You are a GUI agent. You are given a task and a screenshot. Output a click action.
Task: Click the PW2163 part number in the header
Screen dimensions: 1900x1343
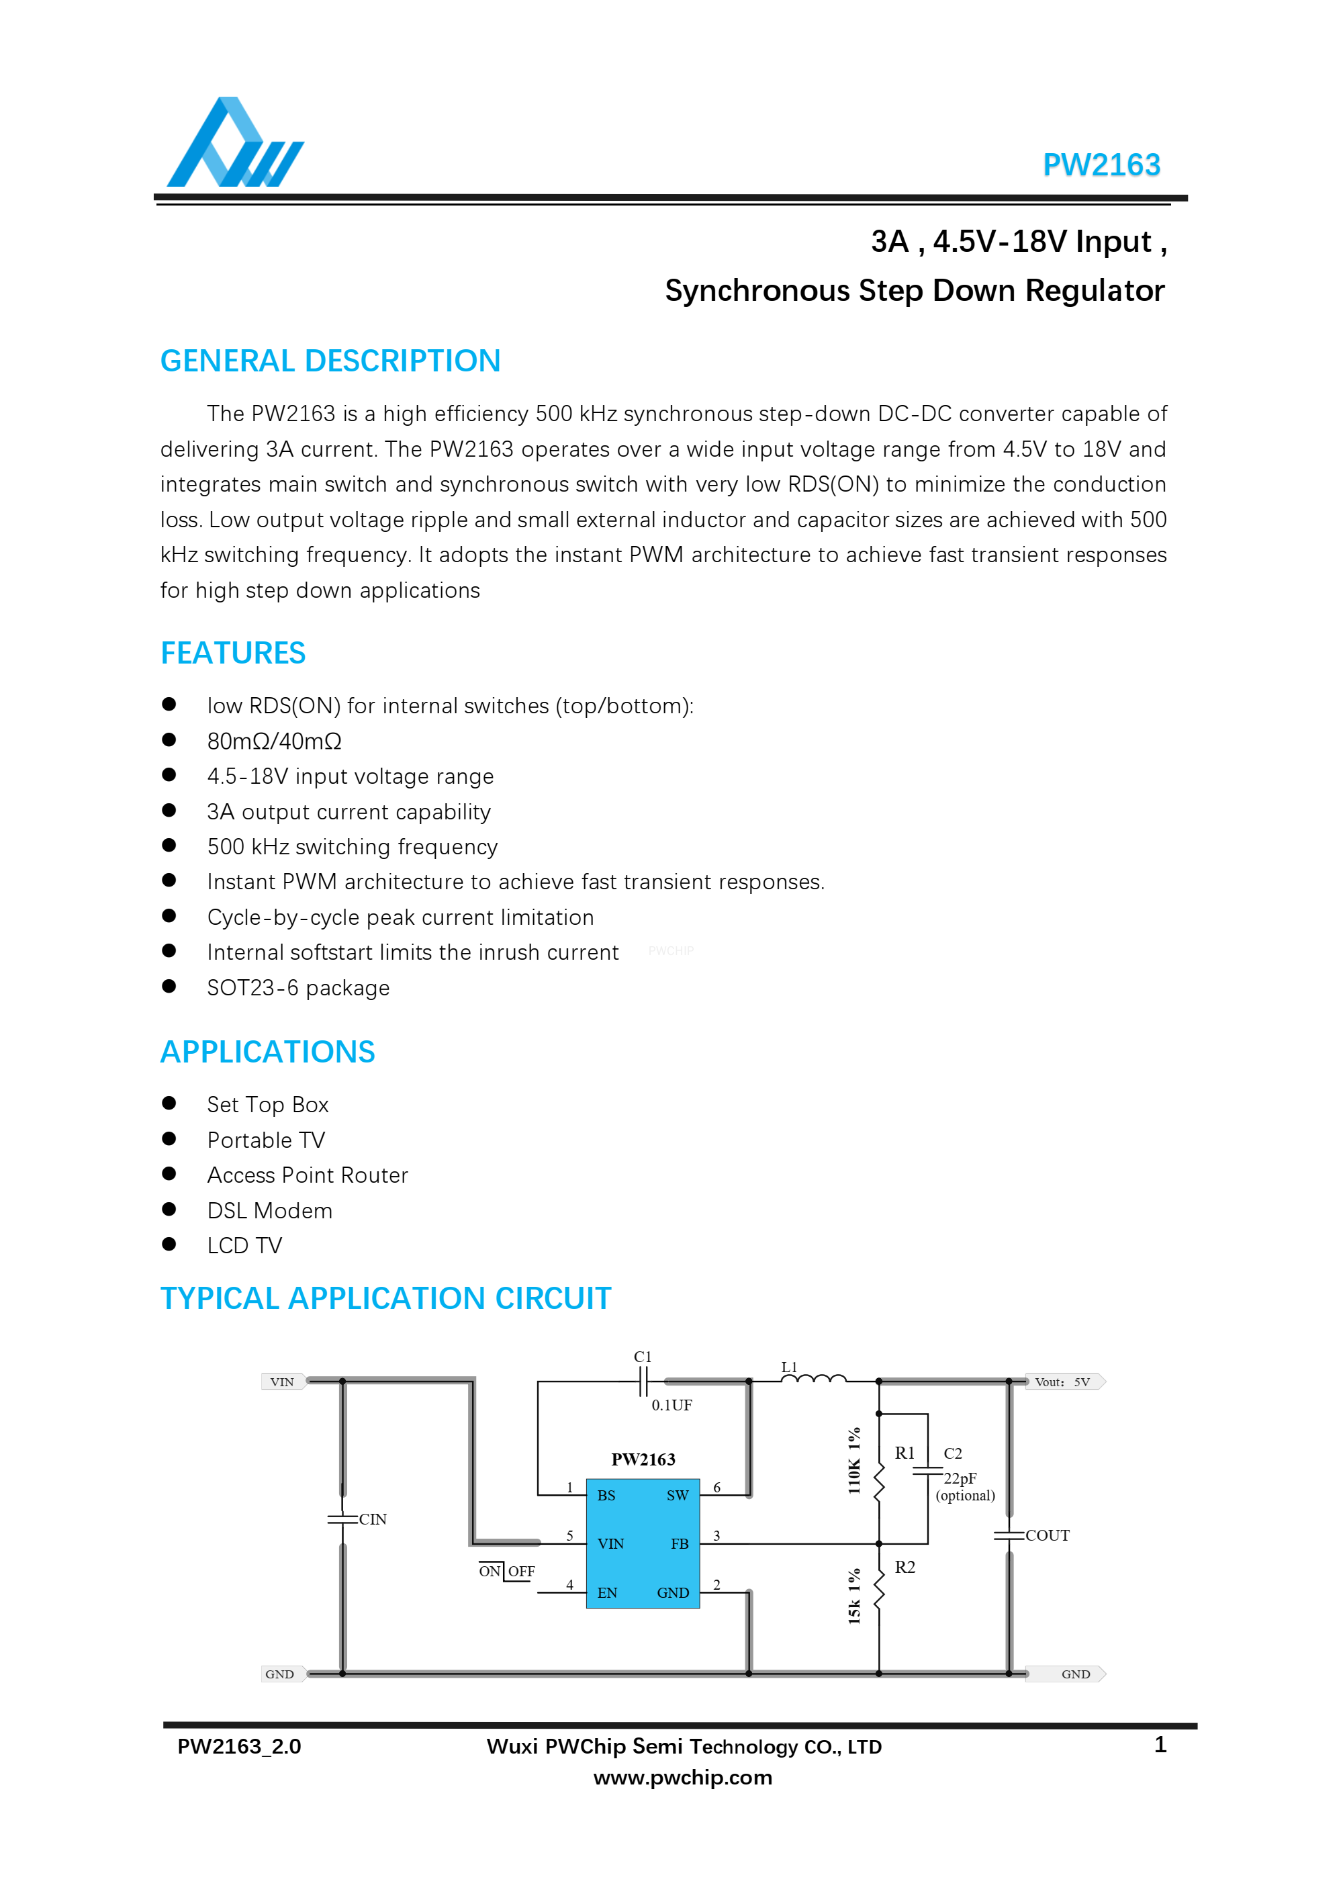pos(1101,165)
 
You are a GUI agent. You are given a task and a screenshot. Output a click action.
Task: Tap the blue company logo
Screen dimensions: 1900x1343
pos(235,143)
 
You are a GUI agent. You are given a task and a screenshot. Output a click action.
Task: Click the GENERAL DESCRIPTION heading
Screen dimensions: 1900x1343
pos(330,361)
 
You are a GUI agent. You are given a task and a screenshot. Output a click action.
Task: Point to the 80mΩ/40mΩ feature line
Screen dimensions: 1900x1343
pos(274,741)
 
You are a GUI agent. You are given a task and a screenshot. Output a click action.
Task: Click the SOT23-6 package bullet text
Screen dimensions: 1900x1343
pos(298,988)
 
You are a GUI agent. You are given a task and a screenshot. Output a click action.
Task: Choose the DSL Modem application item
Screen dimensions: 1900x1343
pos(270,1211)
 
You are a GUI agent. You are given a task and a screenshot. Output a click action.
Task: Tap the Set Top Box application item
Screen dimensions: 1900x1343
pos(267,1105)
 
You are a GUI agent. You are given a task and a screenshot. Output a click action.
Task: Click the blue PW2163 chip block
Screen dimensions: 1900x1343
pos(642,1543)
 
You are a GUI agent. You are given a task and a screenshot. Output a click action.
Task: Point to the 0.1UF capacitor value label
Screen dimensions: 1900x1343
pos(671,1404)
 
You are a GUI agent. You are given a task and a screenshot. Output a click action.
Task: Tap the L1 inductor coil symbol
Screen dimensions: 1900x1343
pos(813,1379)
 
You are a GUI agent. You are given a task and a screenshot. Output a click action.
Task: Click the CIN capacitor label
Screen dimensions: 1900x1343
pos(373,1519)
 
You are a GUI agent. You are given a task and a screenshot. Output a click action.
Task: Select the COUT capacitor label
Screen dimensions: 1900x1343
pos(1048,1535)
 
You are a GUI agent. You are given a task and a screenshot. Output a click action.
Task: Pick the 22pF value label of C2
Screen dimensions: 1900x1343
pos(960,1478)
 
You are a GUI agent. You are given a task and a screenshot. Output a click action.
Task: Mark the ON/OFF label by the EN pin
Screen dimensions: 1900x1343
pos(506,1571)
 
